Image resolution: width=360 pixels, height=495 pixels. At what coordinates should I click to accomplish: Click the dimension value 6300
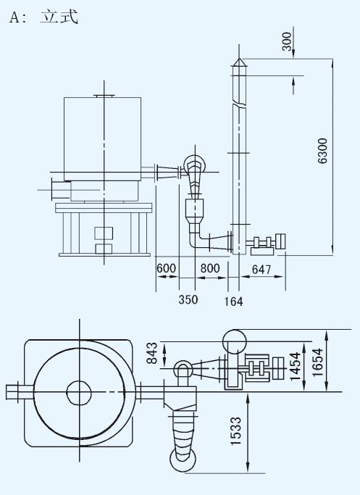click(322, 151)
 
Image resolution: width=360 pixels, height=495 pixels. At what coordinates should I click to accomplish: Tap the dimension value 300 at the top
click(287, 41)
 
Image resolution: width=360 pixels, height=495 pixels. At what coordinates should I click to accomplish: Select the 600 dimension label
click(166, 268)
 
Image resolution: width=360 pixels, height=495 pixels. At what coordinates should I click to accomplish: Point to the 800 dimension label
click(210, 268)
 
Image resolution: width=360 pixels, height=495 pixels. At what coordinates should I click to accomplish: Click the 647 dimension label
click(261, 270)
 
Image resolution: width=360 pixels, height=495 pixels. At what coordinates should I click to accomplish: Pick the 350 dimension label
click(188, 299)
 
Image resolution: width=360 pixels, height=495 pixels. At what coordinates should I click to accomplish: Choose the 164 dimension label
click(233, 301)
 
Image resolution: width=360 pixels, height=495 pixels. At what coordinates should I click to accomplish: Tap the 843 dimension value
click(152, 353)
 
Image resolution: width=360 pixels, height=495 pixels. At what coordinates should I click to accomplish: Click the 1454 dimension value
click(295, 366)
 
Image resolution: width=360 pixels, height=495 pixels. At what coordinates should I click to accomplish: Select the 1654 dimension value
click(317, 362)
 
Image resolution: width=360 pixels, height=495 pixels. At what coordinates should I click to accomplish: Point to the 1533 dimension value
click(235, 431)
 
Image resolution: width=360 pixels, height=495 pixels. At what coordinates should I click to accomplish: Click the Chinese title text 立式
click(59, 17)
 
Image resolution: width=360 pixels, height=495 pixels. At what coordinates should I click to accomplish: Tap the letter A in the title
click(14, 17)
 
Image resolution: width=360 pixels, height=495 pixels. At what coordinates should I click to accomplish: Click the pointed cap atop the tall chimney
click(239, 62)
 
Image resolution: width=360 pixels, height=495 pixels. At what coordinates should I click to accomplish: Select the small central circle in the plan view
click(79, 392)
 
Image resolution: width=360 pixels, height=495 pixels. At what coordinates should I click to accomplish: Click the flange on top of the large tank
click(104, 96)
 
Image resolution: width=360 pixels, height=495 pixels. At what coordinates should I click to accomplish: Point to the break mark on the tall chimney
click(239, 103)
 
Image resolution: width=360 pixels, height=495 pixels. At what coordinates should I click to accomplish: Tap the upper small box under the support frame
click(104, 233)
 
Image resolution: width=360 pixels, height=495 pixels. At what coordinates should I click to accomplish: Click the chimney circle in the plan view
click(235, 341)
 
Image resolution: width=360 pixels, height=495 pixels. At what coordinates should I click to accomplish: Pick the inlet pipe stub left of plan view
click(20, 392)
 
